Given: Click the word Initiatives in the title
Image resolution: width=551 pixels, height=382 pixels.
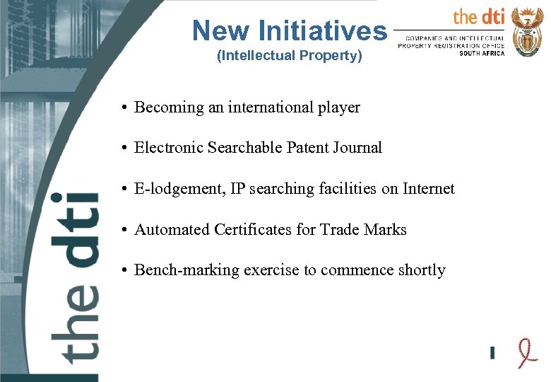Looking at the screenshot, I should click(324, 30).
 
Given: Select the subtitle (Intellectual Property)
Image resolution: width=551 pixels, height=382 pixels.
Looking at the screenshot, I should click(289, 55).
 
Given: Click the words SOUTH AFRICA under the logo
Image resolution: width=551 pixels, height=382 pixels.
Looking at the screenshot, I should click(482, 53).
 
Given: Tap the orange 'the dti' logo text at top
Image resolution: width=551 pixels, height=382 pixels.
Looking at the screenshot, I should click(478, 16).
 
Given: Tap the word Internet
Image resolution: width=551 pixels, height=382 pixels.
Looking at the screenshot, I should click(429, 189).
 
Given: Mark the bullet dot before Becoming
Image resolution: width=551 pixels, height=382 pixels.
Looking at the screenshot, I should click(123, 108).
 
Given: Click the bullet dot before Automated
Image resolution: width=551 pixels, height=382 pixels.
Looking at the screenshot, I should click(123, 231).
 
